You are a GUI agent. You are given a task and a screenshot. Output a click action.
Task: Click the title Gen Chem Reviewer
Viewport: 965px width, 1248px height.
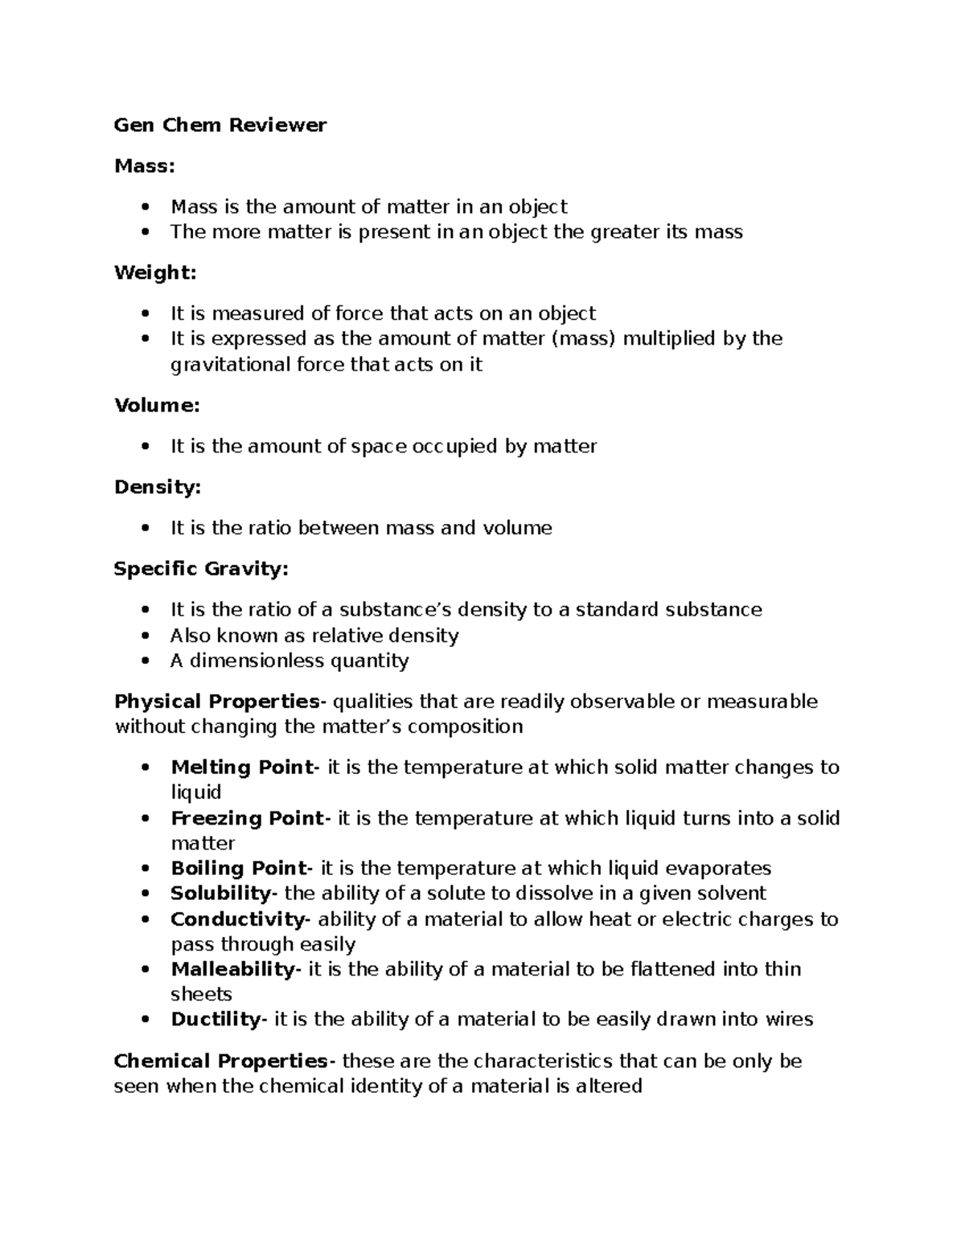pos(220,125)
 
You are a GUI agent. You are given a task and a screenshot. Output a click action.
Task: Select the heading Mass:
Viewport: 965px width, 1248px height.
pos(145,166)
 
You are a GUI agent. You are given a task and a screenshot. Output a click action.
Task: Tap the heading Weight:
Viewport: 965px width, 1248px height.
pos(155,272)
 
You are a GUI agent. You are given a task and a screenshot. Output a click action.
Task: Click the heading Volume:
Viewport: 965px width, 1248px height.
pos(157,405)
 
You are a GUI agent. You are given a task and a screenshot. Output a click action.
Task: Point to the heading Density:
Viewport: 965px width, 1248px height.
pos(158,487)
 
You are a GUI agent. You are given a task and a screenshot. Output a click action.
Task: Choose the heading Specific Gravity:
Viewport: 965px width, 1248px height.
pos(200,569)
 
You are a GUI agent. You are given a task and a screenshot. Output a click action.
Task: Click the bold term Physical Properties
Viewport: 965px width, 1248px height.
pos(217,701)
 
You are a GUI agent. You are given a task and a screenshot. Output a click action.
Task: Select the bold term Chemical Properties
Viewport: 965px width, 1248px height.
pos(221,1061)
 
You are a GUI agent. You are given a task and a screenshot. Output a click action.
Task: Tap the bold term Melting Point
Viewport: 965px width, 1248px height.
pos(241,767)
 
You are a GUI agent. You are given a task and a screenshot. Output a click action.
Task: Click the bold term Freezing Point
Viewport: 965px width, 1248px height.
pos(246,818)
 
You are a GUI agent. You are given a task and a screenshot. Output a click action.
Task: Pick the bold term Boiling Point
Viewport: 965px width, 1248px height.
pos(239,868)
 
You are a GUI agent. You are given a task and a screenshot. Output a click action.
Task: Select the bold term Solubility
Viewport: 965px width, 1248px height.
pos(221,893)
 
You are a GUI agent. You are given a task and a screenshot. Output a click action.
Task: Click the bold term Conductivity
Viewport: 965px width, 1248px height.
pos(237,919)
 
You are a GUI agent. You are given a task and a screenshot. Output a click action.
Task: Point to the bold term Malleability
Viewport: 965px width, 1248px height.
pos(233,969)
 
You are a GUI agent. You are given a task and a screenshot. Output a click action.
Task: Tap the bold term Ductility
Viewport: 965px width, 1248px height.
pos(216,1019)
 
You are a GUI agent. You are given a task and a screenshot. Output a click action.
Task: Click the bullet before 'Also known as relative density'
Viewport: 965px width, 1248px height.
pos(145,636)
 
